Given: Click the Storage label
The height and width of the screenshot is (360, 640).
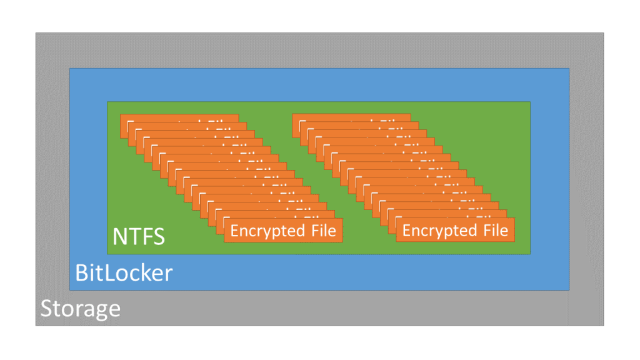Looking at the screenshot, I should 80,309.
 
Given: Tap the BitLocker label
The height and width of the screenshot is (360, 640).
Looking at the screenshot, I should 123,273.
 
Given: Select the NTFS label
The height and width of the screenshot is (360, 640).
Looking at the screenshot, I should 138,237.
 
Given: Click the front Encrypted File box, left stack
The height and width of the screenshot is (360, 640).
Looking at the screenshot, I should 283,231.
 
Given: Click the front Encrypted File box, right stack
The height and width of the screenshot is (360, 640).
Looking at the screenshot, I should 455,231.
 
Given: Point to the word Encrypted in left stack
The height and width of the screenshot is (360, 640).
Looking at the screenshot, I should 265,231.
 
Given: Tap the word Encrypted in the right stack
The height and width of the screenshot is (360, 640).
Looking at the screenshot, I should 437,231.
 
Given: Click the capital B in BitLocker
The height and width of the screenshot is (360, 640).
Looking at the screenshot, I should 81,273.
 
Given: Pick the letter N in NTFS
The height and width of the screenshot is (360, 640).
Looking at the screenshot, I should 119,237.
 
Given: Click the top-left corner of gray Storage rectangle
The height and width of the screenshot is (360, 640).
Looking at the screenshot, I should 36,34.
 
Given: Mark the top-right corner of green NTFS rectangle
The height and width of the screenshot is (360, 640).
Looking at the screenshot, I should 529,102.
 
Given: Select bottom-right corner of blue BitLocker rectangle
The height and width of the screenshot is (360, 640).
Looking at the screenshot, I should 569,289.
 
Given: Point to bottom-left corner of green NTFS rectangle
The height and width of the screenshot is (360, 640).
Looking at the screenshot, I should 107,254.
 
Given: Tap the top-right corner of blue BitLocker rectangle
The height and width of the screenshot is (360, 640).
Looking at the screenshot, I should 569,69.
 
